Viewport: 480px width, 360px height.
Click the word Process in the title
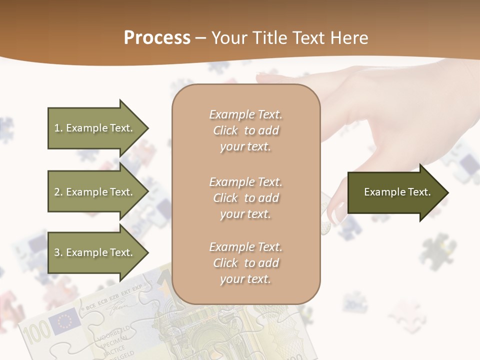[x=157, y=38]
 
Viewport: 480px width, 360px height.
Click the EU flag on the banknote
[x=65, y=321]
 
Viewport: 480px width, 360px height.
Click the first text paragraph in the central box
[x=245, y=130]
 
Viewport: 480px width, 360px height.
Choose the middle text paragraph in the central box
[x=245, y=198]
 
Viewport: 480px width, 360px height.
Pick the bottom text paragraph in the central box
[x=245, y=263]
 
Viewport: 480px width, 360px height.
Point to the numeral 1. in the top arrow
[x=58, y=128]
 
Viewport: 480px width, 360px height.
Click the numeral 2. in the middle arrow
[x=58, y=192]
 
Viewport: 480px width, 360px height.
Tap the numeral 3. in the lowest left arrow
[x=58, y=252]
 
